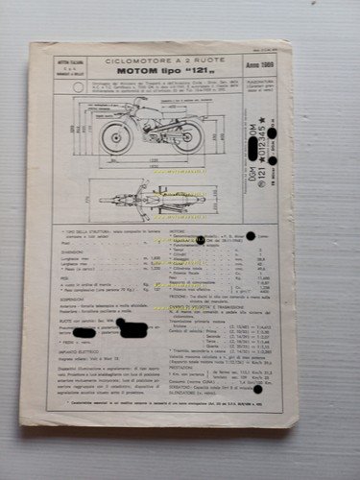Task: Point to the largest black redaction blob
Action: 132,330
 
